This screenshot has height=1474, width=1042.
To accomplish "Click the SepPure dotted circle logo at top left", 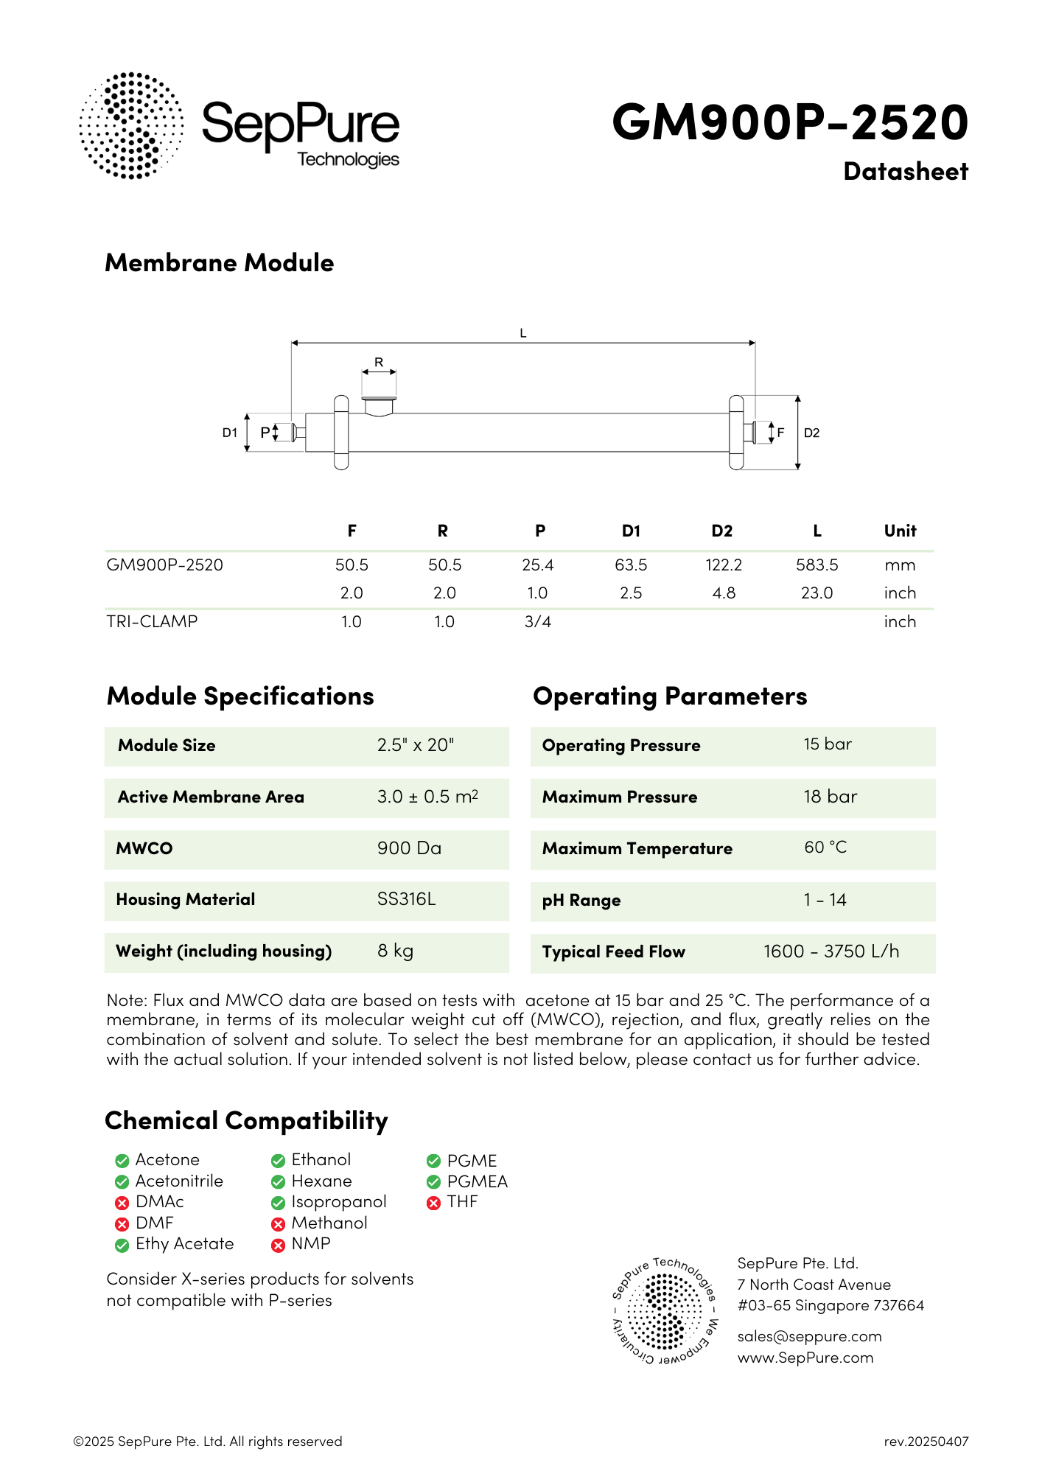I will [x=131, y=125].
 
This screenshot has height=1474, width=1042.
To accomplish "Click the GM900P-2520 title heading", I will [x=790, y=122].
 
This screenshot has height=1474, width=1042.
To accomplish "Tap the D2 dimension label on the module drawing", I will [x=811, y=433].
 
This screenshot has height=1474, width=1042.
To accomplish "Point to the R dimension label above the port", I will [x=379, y=362].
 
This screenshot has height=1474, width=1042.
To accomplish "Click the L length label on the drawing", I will [x=523, y=333].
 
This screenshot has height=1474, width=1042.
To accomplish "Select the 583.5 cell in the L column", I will [x=817, y=565].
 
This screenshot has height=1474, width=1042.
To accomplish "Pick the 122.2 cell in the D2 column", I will [x=724, y=565].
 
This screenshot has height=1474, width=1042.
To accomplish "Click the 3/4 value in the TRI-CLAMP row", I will [x=538, y=622].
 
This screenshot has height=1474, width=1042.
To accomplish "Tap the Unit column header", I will [x=900, y=531].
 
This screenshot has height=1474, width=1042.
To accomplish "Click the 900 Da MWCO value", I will [x=409, y=848].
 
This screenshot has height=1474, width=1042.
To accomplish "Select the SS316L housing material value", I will [x=406, y=899].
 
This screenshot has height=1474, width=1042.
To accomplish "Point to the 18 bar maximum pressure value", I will [x=831, y=797].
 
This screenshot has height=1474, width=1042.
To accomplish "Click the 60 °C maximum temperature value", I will [x=825, y=848].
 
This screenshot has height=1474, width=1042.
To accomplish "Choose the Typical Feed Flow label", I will [x=614, y=951].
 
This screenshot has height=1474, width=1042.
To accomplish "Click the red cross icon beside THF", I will [x=433, y=1203].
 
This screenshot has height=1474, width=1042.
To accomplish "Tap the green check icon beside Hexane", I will [x=278, y=1182].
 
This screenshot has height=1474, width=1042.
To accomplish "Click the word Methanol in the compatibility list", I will [x=329, y=1223].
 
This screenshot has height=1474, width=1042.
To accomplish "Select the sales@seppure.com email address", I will [x=809, y=1337].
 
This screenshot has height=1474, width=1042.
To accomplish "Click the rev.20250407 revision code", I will [x=926, y=1442].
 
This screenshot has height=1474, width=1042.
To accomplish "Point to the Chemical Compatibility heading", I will [x=246, y=1121].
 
